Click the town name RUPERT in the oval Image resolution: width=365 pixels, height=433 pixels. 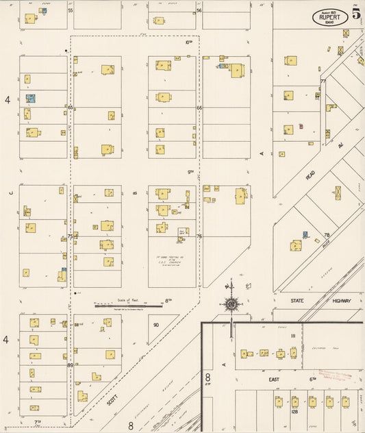click(329, 18)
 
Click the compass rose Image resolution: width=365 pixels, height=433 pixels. click(232, 304)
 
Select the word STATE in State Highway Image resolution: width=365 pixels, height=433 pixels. click(297, 301)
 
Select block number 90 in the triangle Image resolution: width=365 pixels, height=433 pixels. click(156, 325)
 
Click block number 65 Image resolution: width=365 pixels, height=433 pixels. click(70, 108)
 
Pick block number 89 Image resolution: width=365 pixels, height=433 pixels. click(70, 365)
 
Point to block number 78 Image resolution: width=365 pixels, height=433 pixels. click(327, 235)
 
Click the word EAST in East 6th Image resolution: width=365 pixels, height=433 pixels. click(275, 379)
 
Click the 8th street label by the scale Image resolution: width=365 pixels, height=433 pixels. click(167, 300)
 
